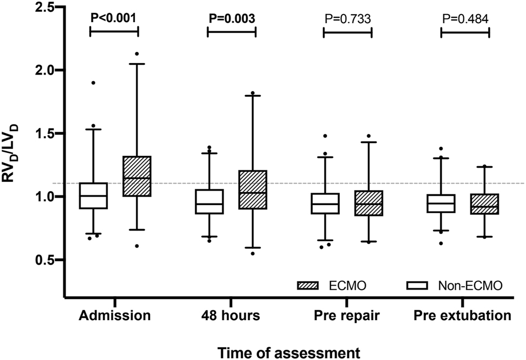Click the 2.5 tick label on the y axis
(x=46, y=7)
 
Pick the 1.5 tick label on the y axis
(x=46, y=133)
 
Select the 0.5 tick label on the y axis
(x=46, y=260)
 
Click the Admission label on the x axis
(x=113, y=316)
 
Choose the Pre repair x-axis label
(x=348, y=316)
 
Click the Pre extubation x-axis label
(x=463, y=316)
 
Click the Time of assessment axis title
(x=289, y=352)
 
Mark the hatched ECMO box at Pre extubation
(x=485, y=204)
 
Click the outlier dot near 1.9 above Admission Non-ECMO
(x=93, y=83)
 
